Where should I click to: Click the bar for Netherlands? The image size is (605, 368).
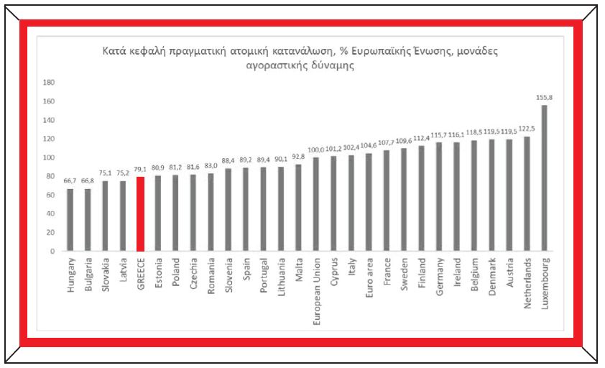tap(527, 194)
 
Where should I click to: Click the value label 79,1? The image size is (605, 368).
tap(141, 170)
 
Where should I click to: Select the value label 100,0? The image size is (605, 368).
tap(317, 149)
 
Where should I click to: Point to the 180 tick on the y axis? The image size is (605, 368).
tap(49, 82)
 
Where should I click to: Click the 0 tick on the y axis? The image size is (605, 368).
tap(52, 252)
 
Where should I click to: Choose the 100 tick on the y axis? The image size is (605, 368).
tap(49, 157)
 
